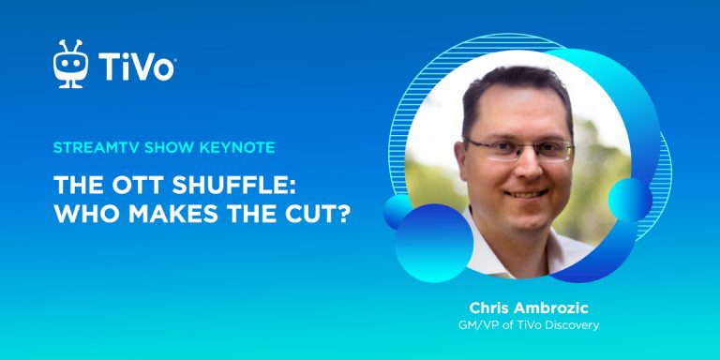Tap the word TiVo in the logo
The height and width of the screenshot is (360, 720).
(x=136, y=67)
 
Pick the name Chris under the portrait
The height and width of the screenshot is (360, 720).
(x=486, y=307)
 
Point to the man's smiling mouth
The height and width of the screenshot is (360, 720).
(x=525, y=194)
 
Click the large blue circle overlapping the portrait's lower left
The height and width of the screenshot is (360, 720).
(x=433, y=243)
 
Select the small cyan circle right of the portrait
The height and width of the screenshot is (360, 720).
(x=630, y=201)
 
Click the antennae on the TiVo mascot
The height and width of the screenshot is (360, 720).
(x=70, y=46)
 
